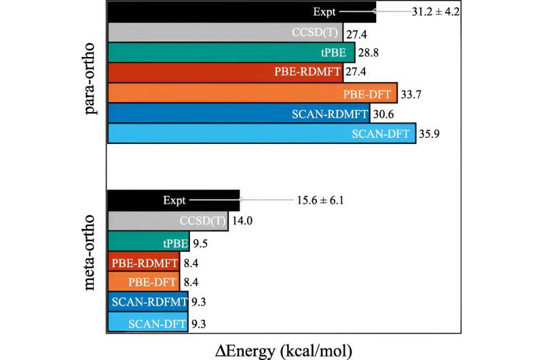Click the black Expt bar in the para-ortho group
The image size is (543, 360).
[241, 12]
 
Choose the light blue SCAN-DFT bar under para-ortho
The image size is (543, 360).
[261, 133]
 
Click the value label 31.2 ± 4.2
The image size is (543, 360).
[438, 12]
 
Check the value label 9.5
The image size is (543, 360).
[201, 241]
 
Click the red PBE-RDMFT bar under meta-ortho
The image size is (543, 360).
[143, 262]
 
